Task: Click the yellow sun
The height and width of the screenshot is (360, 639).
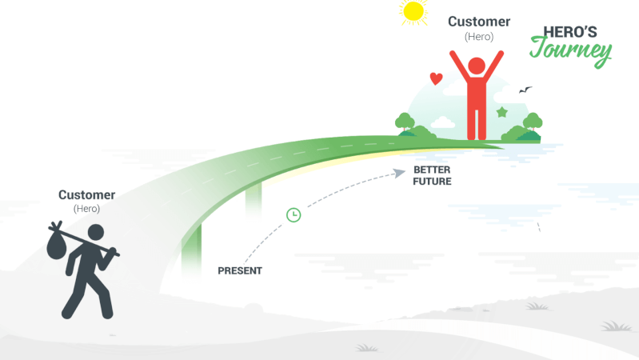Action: click(413, 12)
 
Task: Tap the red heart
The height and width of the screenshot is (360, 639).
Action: click(436, 78)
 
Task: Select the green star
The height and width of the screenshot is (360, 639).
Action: click(502, 112)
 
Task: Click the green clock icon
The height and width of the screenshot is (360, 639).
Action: click(294, 215)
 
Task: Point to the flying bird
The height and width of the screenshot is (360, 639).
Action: click(525, 90)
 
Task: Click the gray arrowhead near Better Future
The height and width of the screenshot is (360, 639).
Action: click(399, 174)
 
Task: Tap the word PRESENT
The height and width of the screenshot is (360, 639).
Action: click(240, 270)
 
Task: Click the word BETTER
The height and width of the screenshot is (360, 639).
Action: click(432, 170)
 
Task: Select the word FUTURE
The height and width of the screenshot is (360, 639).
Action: click(432, 182)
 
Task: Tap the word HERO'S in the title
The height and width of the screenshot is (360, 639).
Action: click(570, 32)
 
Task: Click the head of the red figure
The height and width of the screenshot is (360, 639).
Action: click(477, 66)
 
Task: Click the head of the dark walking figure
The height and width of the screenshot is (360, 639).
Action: click(96, 232)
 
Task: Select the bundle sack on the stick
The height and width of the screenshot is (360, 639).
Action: click(56, 244)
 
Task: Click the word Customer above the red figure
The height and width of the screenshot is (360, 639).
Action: click(479, 22)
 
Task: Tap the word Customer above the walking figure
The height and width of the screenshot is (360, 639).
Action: click(87, 195)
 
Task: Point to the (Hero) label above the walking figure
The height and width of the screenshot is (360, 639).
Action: click(87, 209)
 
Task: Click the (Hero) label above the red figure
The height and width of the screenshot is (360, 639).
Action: click(479, 37)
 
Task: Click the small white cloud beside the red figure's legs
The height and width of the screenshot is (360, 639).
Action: click(442, 122)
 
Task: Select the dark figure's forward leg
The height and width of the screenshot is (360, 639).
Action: click(99, 294)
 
